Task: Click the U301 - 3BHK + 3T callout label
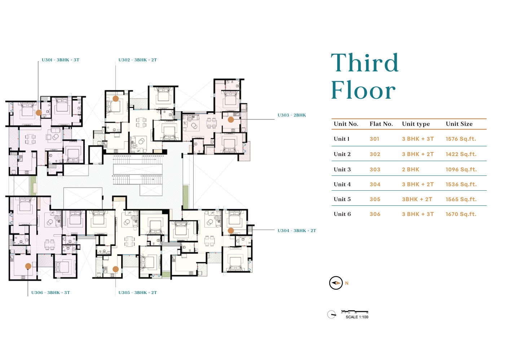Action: click(60, 60)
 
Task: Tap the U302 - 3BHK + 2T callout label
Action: click(137, 60)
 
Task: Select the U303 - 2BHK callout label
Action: click(291, 115)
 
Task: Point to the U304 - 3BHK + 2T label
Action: click(297, 231)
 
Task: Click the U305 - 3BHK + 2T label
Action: click(137, 293)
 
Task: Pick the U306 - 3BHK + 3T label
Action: click(50, 293)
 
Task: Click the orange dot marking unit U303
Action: click(231, 120)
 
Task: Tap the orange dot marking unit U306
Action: click(28, 266)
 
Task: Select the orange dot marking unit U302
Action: click(116, 98)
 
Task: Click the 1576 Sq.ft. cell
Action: click(461, 139)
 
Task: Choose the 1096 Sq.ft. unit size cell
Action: click(461, 169)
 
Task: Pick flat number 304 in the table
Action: click(375, 185)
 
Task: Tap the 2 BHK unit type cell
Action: click(410, 169)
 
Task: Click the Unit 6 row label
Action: click(342, 214)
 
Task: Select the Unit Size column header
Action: click(459, 124)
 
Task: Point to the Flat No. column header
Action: click(381, 124)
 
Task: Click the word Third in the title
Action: click(365, 63)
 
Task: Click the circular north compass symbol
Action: click(336, 283)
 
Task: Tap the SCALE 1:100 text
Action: click(357, 317)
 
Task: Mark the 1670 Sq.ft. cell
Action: click(461, 214)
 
